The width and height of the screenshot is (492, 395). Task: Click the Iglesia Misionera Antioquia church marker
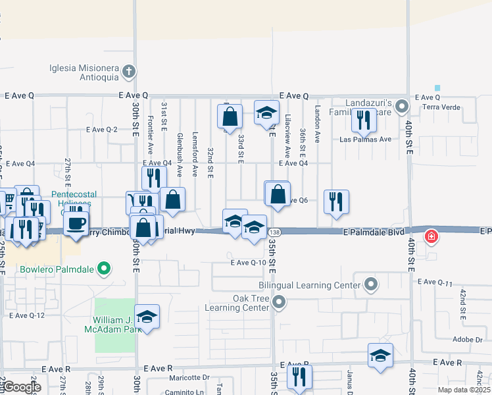point(130,71)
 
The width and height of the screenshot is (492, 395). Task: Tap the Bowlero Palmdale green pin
point(103,269)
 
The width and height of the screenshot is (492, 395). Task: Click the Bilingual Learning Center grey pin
point(372,285)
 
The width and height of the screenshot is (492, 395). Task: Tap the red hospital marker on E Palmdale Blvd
point(431,236)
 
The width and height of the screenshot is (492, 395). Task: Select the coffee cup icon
point(76,222)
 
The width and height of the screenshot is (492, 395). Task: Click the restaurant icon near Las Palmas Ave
point(363,119)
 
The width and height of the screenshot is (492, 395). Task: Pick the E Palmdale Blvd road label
point(372,232)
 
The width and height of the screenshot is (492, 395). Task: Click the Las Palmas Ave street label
point(365,140)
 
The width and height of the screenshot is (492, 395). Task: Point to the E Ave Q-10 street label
point(248,263)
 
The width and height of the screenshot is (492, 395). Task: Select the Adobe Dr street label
point(468,340)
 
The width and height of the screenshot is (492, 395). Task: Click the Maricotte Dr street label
point(188,377)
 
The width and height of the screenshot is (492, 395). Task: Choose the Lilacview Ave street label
point(287,128)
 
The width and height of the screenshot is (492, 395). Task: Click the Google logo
point(21,387)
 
